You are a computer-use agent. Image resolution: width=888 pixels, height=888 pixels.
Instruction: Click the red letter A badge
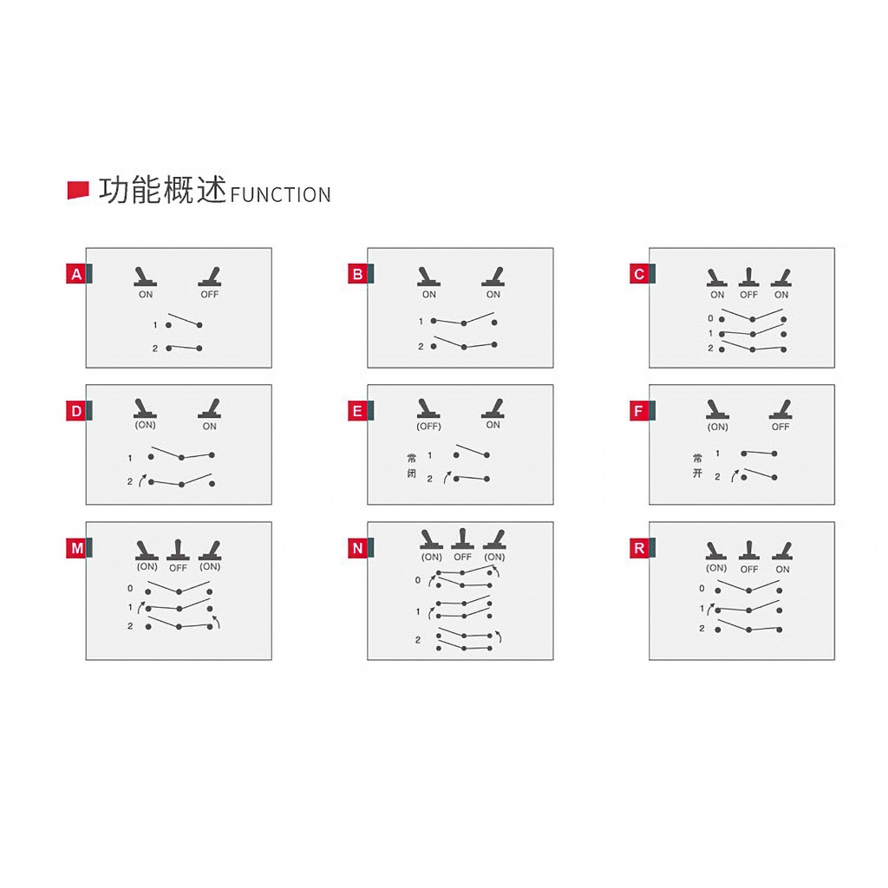pyautogui.click(x=76, y=274)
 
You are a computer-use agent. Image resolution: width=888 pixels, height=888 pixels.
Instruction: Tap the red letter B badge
pyautogui.click(x=358, y=274)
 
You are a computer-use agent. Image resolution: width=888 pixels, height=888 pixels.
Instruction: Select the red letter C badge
pyautogui.click(x=639, y=274)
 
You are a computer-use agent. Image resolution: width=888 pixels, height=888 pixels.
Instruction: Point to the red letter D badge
pyautogui.click(x=76, y=411)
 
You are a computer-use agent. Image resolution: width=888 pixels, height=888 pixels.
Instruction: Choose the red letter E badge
pyautogui.click(x=358, y=411)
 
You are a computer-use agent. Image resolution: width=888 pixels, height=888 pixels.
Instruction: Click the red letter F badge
pyautogui.click(x=639, y=411)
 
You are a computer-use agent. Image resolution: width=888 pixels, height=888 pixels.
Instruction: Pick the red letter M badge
pyautogui.click(x=76, y=548)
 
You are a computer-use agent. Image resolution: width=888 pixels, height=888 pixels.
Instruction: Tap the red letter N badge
pyautogui.click(x=358, y=548)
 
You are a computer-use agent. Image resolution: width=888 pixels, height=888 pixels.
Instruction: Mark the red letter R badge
pyautogui.click(x=639, y=548)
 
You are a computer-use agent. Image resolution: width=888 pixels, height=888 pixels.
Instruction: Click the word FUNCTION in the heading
pyautogui.click(x=280, y=195)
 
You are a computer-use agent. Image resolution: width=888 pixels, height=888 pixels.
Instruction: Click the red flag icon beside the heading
pyautogui.click(x=78, y=190)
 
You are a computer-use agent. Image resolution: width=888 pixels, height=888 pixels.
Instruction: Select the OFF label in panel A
pyautogui.click(x=210, y=295)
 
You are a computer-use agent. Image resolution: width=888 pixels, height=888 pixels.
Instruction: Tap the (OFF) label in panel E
pyautogui.click(x=428, y=426)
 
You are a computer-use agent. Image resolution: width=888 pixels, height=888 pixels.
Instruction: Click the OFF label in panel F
pyautogui.click(x=780, y=427)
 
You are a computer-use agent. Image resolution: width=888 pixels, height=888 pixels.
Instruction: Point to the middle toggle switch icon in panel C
pyautogui.click(x=748, y=277)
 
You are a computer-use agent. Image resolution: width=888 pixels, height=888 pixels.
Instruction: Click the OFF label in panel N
pyautogui.click(x=463, y=558)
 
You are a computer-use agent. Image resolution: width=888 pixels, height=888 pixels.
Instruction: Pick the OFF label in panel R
pyautogui.click(x=749, y=569)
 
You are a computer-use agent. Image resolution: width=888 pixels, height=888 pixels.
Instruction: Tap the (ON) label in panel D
pyautogui.click(x=145, y=425)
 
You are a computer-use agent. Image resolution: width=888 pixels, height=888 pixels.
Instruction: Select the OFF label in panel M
pyautogui.click(x=178, y=567)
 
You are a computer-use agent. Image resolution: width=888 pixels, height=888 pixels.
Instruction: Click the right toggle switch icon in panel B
pyautogui.click(x=493, y=277)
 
